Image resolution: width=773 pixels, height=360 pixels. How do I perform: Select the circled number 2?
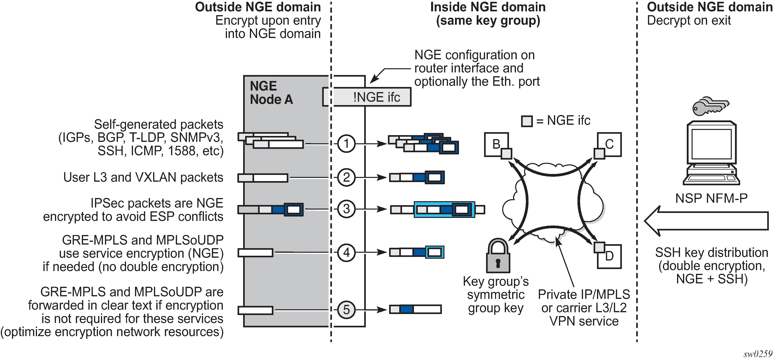(x=346, y=177)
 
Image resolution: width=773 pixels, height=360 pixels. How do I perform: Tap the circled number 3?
(x=346, y=209)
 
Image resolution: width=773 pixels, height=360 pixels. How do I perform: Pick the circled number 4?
(x=346, y=252)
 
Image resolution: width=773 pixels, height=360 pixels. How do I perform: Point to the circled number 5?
(x=346, y=310)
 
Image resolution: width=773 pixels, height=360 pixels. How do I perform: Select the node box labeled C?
(x=610, y=144)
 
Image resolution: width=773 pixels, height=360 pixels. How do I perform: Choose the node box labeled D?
(x=610, y=257)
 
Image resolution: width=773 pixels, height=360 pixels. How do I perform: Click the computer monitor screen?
(x=711, y=144)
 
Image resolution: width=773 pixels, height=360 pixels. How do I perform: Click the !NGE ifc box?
(x=372, y=97)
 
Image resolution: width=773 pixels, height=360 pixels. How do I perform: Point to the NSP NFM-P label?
(x=711, y=198)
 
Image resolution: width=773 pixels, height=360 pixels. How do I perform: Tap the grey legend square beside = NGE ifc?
(x=527, y=121)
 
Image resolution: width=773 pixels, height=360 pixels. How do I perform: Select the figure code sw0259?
(x=757, y=354)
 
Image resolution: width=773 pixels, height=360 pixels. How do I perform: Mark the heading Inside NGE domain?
(x=488, y=7)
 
